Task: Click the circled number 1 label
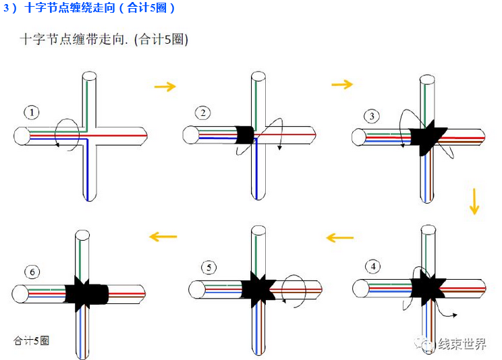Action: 31,112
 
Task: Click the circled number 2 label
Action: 202,112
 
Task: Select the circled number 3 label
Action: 372,116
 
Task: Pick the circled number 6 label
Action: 32,272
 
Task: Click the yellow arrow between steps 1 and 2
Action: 165,86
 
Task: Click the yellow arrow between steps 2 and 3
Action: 342,84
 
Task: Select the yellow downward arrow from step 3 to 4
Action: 474,202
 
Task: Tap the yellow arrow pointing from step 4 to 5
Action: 339,237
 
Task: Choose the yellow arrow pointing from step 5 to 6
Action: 163,236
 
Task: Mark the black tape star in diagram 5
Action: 256,289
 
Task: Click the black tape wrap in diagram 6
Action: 87,294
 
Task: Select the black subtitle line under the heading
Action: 104,39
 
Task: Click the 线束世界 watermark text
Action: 462,344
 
